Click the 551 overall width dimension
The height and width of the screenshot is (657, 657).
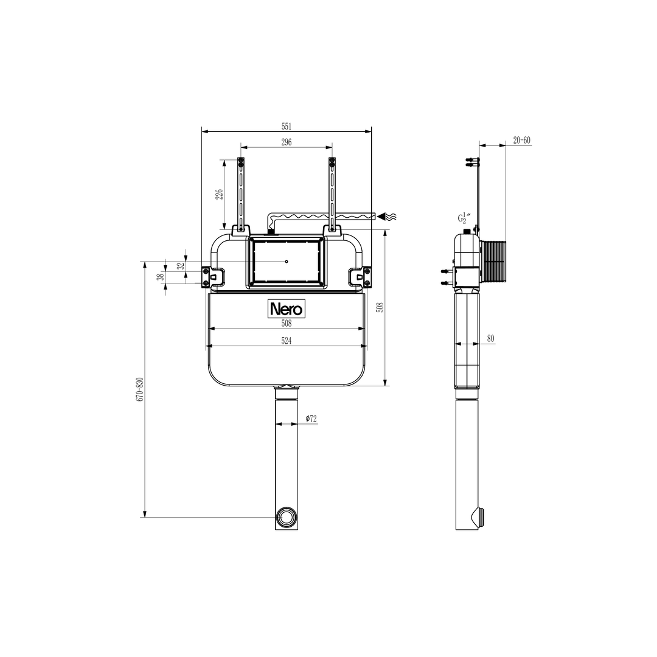coord(287,127)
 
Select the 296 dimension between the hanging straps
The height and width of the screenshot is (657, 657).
coord(287,142)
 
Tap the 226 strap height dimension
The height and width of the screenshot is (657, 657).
coord(220,193)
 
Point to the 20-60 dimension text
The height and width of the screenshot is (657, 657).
coord(521,141)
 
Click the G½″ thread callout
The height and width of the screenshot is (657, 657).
coord(465,218)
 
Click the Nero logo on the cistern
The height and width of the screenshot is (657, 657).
coord(286,309)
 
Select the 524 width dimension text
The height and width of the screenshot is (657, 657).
coord(287,341)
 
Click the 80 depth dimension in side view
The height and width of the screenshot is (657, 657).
coord(490,339)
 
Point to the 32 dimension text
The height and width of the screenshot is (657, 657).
coord(181,265)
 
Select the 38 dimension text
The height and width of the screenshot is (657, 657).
coord(161,277)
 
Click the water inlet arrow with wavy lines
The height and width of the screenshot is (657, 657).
coord(388,216)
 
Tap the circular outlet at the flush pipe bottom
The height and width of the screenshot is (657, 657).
coord(286,517)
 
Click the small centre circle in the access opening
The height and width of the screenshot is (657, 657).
coord(286,262)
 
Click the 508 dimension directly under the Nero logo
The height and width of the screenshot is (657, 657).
coord(287,324)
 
